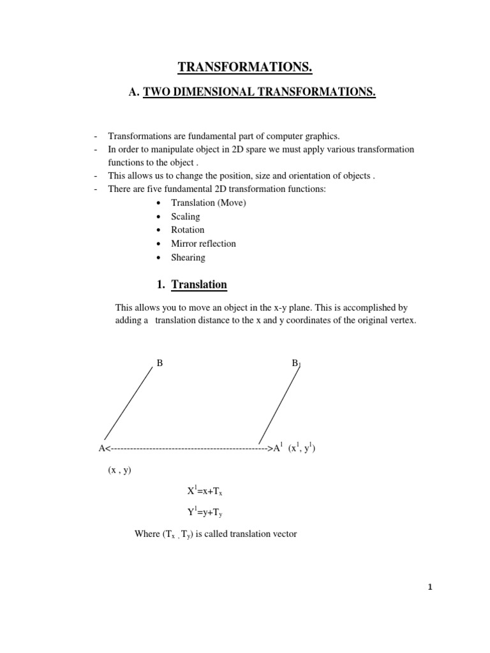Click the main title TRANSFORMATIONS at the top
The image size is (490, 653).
coord(245,68)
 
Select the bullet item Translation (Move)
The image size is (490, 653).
coord(208,203)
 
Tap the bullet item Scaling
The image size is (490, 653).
coord(185,217)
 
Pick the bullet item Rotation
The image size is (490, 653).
coord(188,230)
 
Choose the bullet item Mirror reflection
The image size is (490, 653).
coord(203,244)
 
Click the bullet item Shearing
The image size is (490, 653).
coord(188,258)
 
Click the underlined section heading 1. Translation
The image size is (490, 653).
coord(199,284)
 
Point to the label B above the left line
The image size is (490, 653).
coord(160,363)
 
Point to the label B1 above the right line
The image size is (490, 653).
coord(296,363)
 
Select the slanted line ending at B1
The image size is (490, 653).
coord(279,405)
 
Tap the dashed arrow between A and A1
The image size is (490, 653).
coord(188,449)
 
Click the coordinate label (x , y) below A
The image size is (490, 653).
coord(119,471)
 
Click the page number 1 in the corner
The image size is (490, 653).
coord(430,588)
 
